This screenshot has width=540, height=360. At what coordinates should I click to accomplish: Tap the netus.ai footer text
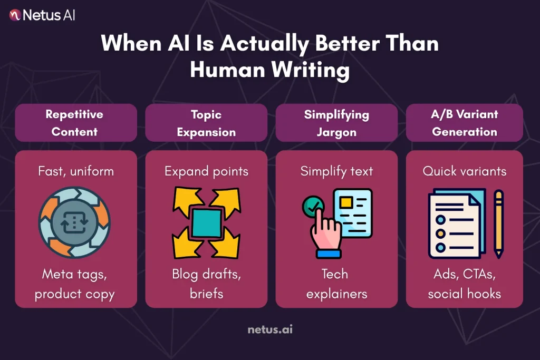click(x=269, y=330)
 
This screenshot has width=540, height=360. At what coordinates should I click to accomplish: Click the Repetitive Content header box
click(x=76, y=122)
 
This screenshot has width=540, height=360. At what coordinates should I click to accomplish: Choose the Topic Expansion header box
click(x=206, y=122)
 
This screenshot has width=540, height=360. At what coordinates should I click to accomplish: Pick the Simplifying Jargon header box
click(x=336, y=122)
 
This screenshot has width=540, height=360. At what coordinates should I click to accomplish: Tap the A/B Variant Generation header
click(x=465, y=122)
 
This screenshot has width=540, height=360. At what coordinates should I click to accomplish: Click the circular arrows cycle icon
click(x=74, y=223)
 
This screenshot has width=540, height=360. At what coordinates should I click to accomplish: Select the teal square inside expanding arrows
click(x=206, y=223)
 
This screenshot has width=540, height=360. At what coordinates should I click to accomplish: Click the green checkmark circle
click(x=312, y=207)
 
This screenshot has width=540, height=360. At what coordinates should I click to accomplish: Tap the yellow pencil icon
click(x=498, y=223)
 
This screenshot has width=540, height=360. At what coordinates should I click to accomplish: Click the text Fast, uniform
click(x=75, y=171)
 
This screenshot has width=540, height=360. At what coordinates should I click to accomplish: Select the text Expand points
click(x=206, y=171)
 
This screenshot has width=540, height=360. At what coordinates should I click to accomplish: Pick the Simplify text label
click(x=336, y=171)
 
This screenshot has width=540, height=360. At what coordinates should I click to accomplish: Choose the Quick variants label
click(x=465, y=171)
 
